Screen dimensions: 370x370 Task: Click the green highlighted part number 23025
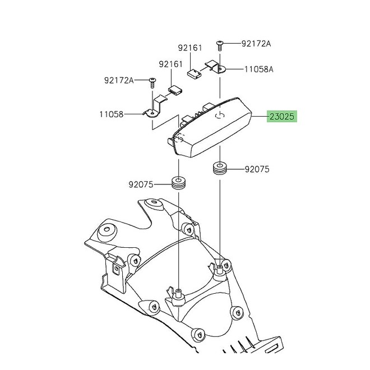(282, 117)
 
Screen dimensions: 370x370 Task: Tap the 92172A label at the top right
(256, 43)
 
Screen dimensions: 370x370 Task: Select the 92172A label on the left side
(119, 80)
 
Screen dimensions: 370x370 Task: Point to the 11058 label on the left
(112, 114)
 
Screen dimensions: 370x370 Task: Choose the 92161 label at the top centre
(189, 48)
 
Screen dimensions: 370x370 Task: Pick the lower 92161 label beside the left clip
(170, 64)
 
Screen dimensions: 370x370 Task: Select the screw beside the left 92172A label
(152, 82)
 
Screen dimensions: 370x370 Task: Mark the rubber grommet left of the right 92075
(219, 168)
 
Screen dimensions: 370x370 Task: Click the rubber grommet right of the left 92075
(179, 183)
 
